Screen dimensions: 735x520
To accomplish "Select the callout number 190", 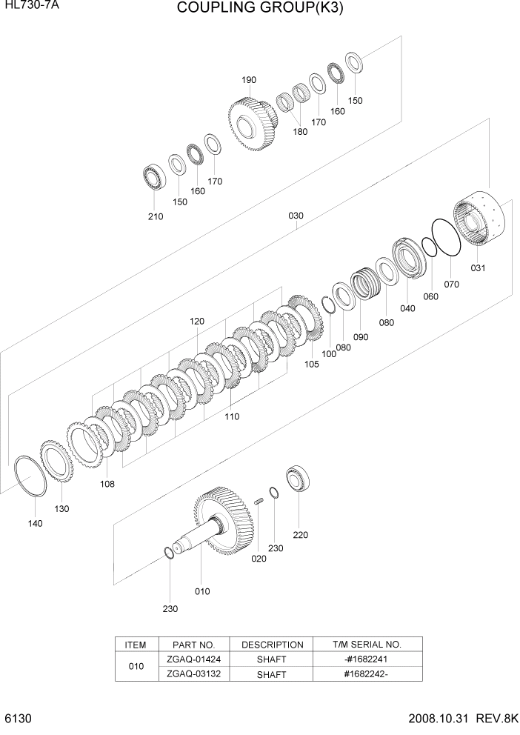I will click(248, 80).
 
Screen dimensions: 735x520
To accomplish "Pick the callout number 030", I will click(296, 216).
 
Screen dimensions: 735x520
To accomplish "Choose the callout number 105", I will click(311, 364).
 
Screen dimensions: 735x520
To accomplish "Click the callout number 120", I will click(196, 322).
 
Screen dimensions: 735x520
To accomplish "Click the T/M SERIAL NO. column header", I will click(367, 645).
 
